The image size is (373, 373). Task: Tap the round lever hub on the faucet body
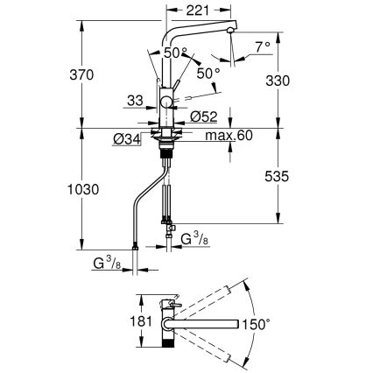tap(166, 104)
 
